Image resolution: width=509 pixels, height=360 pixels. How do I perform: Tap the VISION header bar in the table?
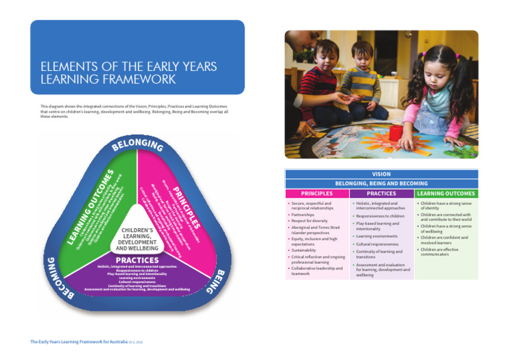(381, 174)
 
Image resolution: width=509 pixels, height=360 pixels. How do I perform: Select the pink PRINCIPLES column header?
(317, 194)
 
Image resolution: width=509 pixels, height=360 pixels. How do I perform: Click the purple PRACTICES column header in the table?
(381, 194)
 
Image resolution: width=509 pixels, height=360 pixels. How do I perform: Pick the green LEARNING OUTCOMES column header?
(445, 194)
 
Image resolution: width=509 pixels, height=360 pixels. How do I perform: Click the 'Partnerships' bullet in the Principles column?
(302, 215)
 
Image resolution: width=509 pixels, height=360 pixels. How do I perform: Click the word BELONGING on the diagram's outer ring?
(137, 144)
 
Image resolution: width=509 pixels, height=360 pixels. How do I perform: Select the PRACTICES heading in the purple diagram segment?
(137, 260)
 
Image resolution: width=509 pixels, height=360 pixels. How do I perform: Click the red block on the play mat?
(396, 133)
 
